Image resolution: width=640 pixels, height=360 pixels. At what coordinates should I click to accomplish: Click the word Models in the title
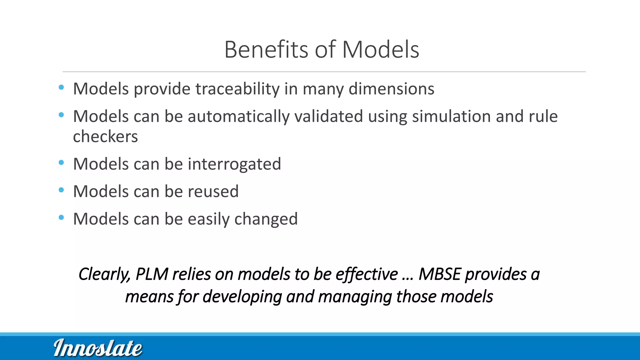click(380, 50)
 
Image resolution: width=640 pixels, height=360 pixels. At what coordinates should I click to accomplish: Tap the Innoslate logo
click(98, 348)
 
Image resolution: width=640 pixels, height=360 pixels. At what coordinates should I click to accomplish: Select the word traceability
click(237, 89)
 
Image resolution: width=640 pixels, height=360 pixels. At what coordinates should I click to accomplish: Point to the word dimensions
click(391, 89)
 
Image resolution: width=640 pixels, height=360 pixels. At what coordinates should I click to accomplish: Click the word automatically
click(238, 117)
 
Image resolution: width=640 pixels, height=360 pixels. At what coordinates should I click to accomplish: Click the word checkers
click(105, 137)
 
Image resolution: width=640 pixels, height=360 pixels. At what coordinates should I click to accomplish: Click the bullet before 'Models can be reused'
click(61, 190)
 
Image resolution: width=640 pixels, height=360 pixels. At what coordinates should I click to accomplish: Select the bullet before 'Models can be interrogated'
click(61, 162)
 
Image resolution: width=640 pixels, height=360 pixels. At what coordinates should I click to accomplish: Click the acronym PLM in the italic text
click(152, 274)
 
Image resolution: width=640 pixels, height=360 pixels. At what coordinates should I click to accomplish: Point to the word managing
click(355, 297)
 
